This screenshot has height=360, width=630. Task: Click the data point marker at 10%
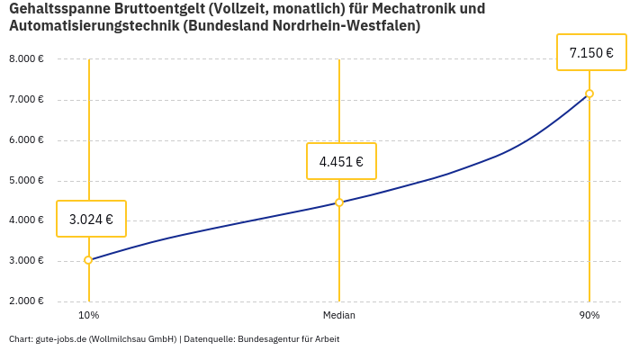[x=88, y=260]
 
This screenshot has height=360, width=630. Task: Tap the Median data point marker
[x=339, y=202]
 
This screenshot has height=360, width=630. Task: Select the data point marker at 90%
[x=589, y=94]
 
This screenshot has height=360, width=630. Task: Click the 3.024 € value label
[x=91, y=219]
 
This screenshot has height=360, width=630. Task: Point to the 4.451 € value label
[x=341, y=162]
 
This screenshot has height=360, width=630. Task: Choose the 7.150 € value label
[x=591, y=53]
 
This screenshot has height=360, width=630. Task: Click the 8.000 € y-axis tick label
[x=26, y=58]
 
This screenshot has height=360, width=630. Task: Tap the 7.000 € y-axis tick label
[x=26, y=99]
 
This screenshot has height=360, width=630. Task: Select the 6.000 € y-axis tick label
[x=26, y=139]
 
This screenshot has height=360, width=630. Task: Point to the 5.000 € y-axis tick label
[x=26, y=180]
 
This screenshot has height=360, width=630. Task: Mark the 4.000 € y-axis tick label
[x=26, y=220]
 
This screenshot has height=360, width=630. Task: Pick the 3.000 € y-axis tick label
[x=26, y=260]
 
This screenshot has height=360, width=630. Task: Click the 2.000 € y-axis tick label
[x=26, y=301]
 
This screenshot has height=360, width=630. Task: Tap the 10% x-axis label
[x=88, y=315]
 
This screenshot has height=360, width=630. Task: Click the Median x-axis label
[x=339, y=315]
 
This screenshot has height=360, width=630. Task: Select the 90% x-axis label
[x=589, y=315]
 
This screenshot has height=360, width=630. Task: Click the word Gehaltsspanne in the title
[x=58, y=9]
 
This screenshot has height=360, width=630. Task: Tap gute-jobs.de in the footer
[x=60, y=339]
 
